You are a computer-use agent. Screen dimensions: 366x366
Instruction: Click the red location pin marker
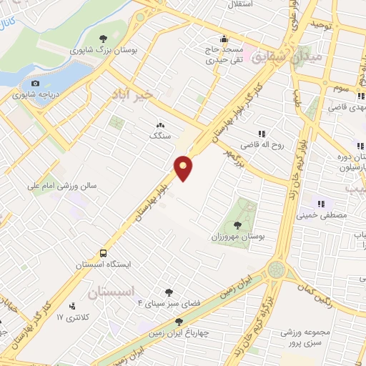184,167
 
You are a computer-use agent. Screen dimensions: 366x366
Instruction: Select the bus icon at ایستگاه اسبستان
104,253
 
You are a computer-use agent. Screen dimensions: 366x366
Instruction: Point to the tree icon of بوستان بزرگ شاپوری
103,39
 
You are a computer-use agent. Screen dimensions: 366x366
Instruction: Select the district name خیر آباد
132,94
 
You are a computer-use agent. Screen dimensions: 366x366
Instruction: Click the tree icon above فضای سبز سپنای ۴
169,292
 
